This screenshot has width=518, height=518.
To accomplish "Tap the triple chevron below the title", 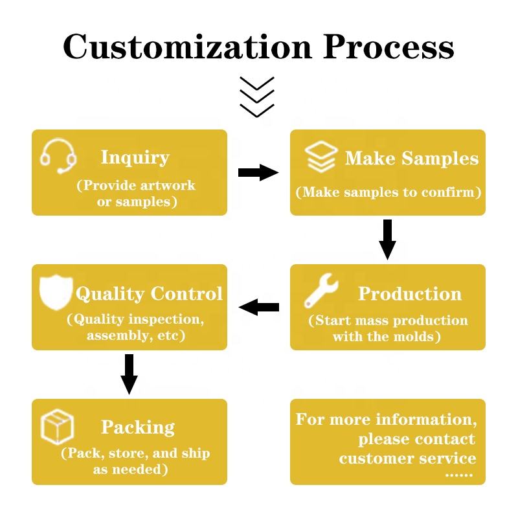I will pyautogui.click(x=256, y=96).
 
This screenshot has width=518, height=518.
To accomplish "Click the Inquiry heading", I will pyautogui.click(x=135, y=157).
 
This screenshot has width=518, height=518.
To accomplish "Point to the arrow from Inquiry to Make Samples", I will pyautogui.click(x=258, y=172).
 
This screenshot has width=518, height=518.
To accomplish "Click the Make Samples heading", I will pyautogui.click(x=412, y=159).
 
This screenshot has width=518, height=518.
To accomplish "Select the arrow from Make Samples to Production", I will pyautogui.click(x=387, y=239).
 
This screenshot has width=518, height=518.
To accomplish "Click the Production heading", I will pyautogui.click(x=410, y=293).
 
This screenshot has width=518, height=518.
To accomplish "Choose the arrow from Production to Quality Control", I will pyautogui.click(x=259, y=307).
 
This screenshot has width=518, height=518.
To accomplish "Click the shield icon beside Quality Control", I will pyautogui.click(x=56, y=292).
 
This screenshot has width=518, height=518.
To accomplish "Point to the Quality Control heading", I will pyautogui.click(x=149, y=293).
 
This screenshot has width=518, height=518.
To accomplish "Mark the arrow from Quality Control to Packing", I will pyautogui.click(x=129, y=374).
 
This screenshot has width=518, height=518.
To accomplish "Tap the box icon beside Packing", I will pyautogui.click(x=57, y=427).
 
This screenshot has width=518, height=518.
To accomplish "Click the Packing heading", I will pyautogui.click(x=138, y=427).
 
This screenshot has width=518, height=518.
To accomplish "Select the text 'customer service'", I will pyautogui.click(x=407, y=458).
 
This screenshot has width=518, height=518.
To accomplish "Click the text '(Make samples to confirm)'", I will pyautogui.click(x=388, y=192).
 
